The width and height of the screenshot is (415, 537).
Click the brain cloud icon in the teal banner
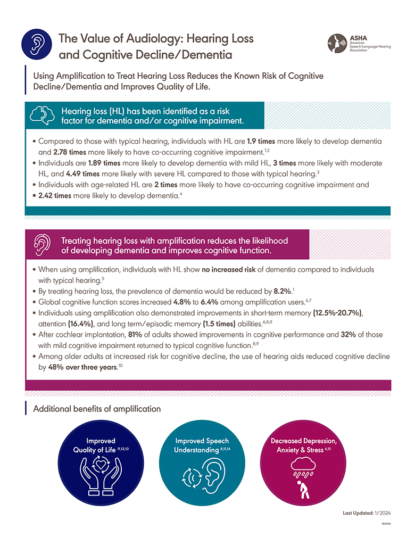point(44,115)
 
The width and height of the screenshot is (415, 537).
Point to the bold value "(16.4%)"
point(81,322)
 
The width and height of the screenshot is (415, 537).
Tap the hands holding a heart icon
point(101,470)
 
